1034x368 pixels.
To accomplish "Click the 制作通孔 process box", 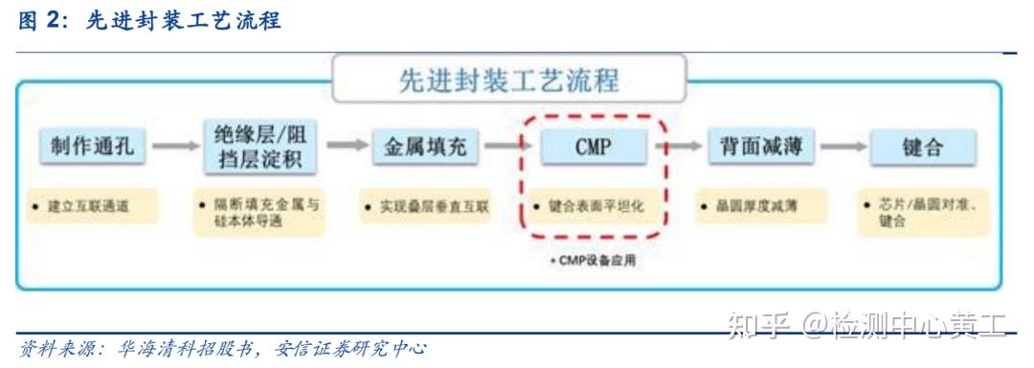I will click(x=93, y=147).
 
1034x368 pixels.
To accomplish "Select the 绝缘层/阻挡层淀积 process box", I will click(x=259, y=147).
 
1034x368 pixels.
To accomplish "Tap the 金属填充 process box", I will click(x=425, y=147).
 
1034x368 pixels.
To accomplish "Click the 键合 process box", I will click(x=923, y=147).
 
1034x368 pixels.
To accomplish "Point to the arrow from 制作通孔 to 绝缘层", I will click(x=175, y=147).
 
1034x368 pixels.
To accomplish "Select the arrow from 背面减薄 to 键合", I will click(x=843, y=147).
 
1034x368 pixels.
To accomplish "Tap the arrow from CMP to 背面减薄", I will click(x=676, y=147).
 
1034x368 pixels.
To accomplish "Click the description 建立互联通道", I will click(x=92, y=206).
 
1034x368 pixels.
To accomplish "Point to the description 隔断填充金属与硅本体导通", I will click(x=259, y=213).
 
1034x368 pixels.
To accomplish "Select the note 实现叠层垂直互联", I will click(x=426, y=206).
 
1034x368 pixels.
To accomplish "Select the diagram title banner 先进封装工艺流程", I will click(x=508, y=78).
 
